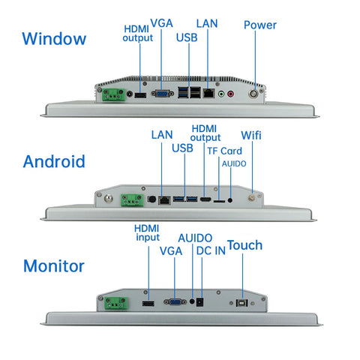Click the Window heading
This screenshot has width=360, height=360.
coord(54,39)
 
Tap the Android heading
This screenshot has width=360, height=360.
coord(54,161)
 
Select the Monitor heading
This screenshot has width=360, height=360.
coord(54,265)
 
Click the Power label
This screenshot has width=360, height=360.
coord(260,25)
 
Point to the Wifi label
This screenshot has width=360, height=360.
coord(251,135)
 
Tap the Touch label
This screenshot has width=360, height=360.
coord(244,245)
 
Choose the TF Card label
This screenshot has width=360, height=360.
coord(224,151)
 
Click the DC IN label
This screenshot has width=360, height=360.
coord(211,251)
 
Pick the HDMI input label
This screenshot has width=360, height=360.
coord(147,232)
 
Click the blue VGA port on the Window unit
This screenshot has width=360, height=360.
coord(163,94)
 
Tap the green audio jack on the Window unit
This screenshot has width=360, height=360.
coord(221,94)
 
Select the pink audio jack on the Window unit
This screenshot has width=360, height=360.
coord(230,94)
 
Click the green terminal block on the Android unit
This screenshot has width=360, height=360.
coord(132,200)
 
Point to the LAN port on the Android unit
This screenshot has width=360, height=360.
coord(164,200)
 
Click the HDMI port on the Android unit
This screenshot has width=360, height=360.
coord(205,199)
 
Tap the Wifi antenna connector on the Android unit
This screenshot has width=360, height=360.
coord(250,198)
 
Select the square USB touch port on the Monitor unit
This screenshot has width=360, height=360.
coord(241,303)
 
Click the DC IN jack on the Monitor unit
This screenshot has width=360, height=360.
coord(199,302)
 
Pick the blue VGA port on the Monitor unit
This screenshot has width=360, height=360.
coord(175,302)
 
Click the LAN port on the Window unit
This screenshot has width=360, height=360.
coord(208,93)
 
